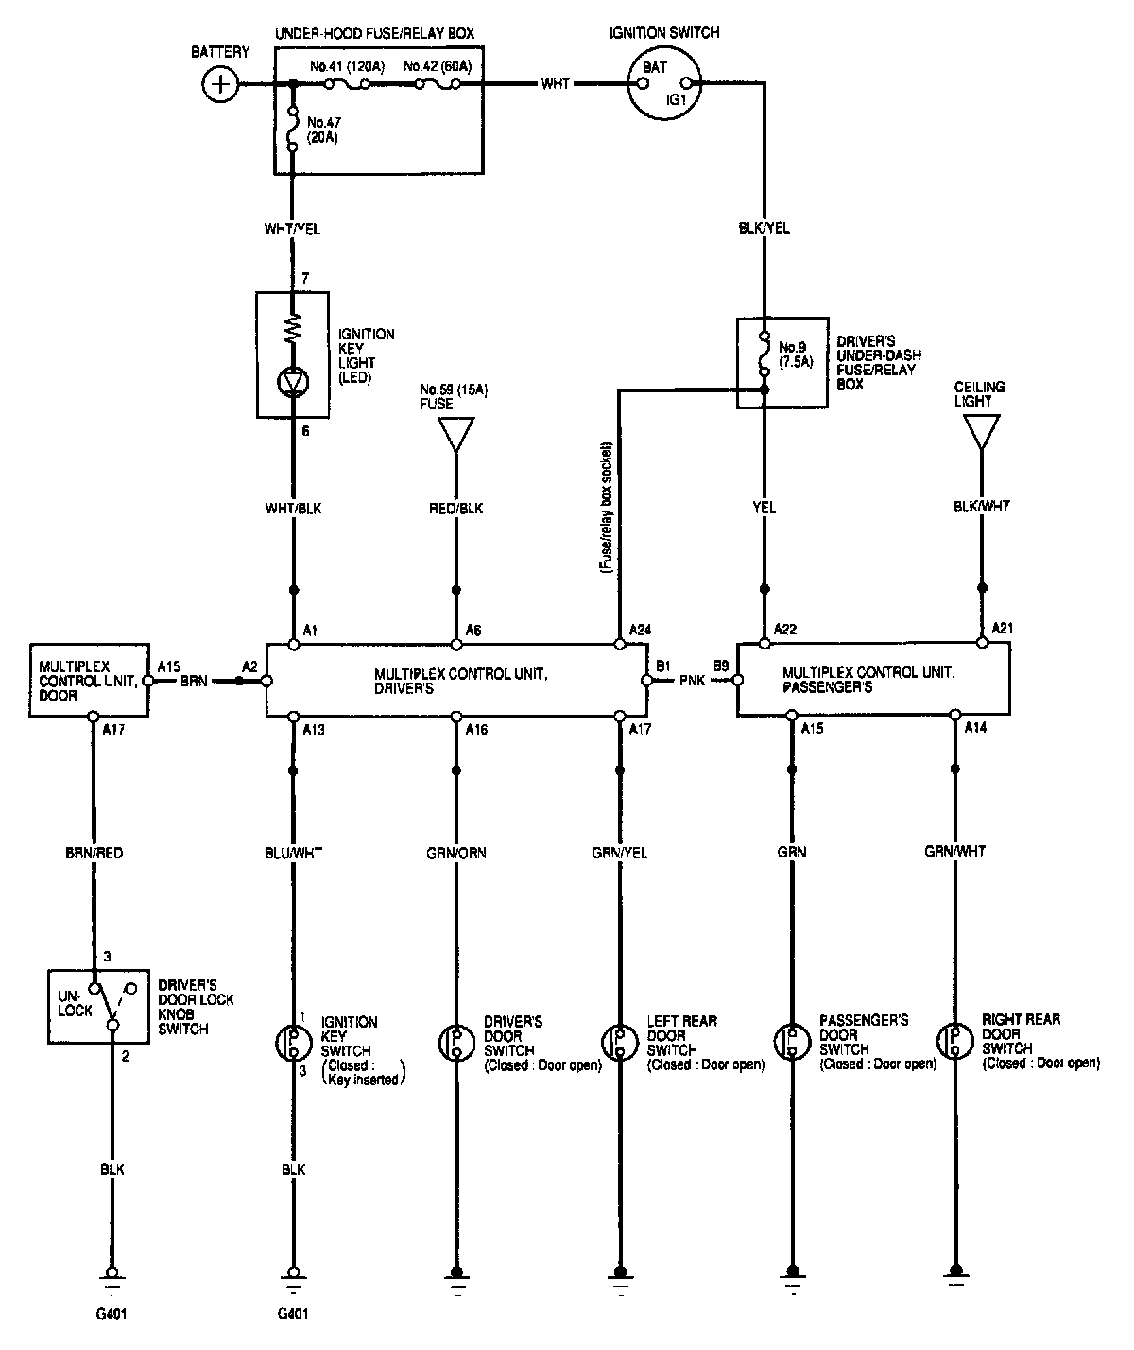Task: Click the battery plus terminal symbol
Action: tap(221, 84)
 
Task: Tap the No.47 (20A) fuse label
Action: tap(323, 130)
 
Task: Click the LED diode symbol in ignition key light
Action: tap(293, 382)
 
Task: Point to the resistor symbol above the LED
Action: tap(293, 330)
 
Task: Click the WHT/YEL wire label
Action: tap(293, 229)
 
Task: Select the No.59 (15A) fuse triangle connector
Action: tap(456, 434)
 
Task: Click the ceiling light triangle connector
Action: tap(981, 432)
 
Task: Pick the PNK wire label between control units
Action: tap(691, 680)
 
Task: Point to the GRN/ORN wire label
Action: tap(457, 853)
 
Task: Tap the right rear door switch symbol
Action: tap(955, 1041)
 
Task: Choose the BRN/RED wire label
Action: tap(93, 853)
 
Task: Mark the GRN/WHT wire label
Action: tap(955, 852)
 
